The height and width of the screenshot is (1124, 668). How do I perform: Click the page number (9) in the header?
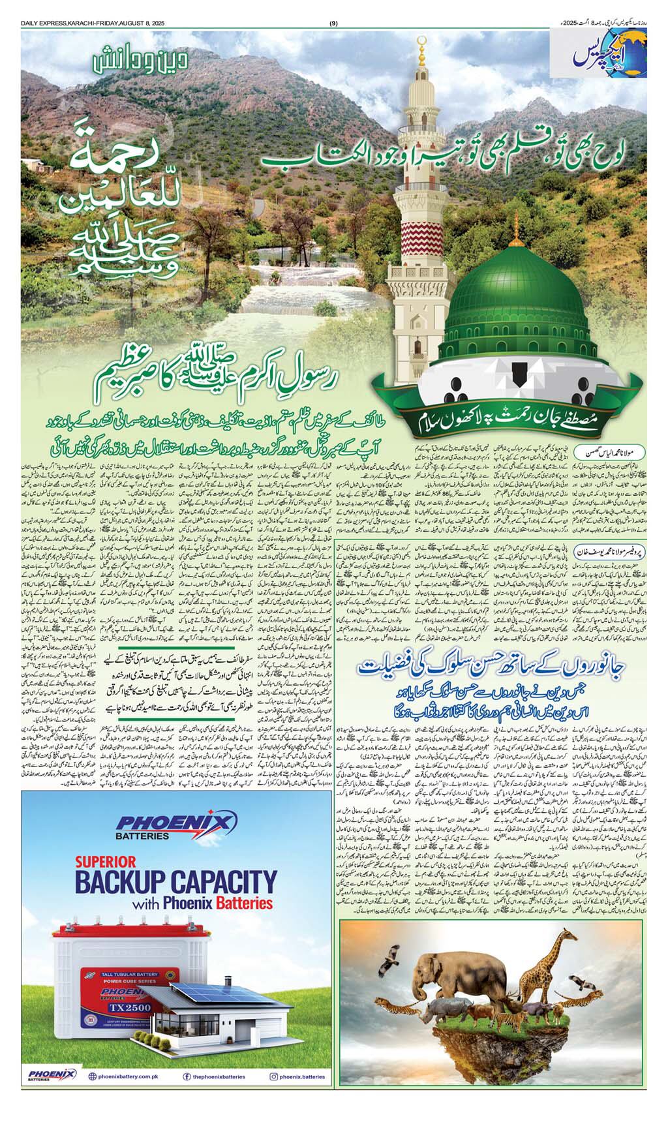click(x=333, y=24)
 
